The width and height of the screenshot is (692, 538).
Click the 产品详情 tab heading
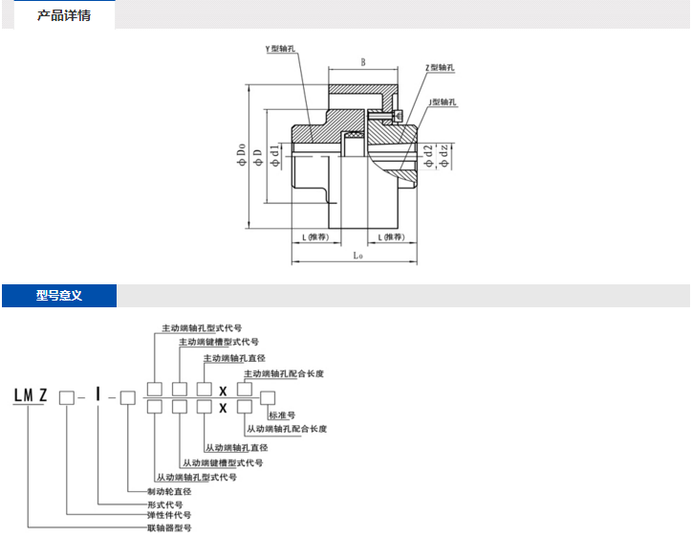click(64, 15)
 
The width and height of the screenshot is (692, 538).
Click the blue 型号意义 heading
click(59, 296)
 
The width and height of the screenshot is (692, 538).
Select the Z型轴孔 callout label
click(441, 69)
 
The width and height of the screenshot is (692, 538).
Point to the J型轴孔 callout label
click(443, 101)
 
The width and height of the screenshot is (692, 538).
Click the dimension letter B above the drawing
click(363, 62)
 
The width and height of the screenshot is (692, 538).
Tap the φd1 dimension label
click(274, 156)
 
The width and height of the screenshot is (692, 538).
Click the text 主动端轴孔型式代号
click(202, 326)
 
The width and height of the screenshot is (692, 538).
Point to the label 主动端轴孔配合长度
click(284, 373)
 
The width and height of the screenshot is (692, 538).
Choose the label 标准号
click(282, 415)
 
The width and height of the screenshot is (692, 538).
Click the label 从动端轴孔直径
click(236, 447)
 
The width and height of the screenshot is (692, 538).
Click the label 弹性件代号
click(164, 515)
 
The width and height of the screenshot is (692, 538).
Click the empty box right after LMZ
click(66, 395)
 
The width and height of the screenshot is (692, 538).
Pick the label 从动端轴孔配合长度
click(286, 429)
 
